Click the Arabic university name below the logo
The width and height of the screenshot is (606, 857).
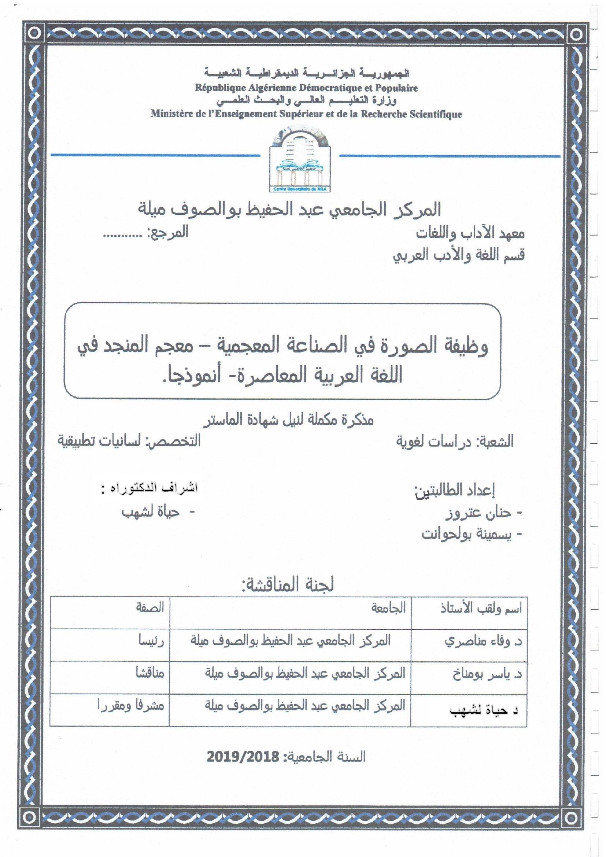pos(289,210)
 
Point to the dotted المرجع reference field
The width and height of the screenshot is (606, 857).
pos(145,233)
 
